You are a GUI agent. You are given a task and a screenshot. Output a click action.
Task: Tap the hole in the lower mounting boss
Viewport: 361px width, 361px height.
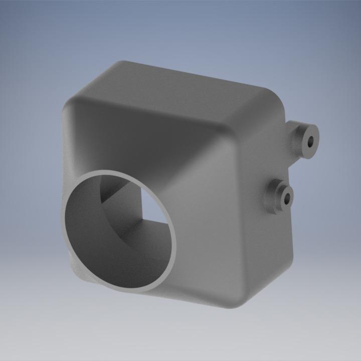pyautogui.click(x=287, y=200)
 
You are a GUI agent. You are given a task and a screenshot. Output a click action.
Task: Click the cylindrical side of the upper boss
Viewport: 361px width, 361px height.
pyautogui.click(x=299, y=132)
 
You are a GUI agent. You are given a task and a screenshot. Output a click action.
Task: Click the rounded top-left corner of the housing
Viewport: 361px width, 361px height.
pyautogui.click(x=75, y=100)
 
